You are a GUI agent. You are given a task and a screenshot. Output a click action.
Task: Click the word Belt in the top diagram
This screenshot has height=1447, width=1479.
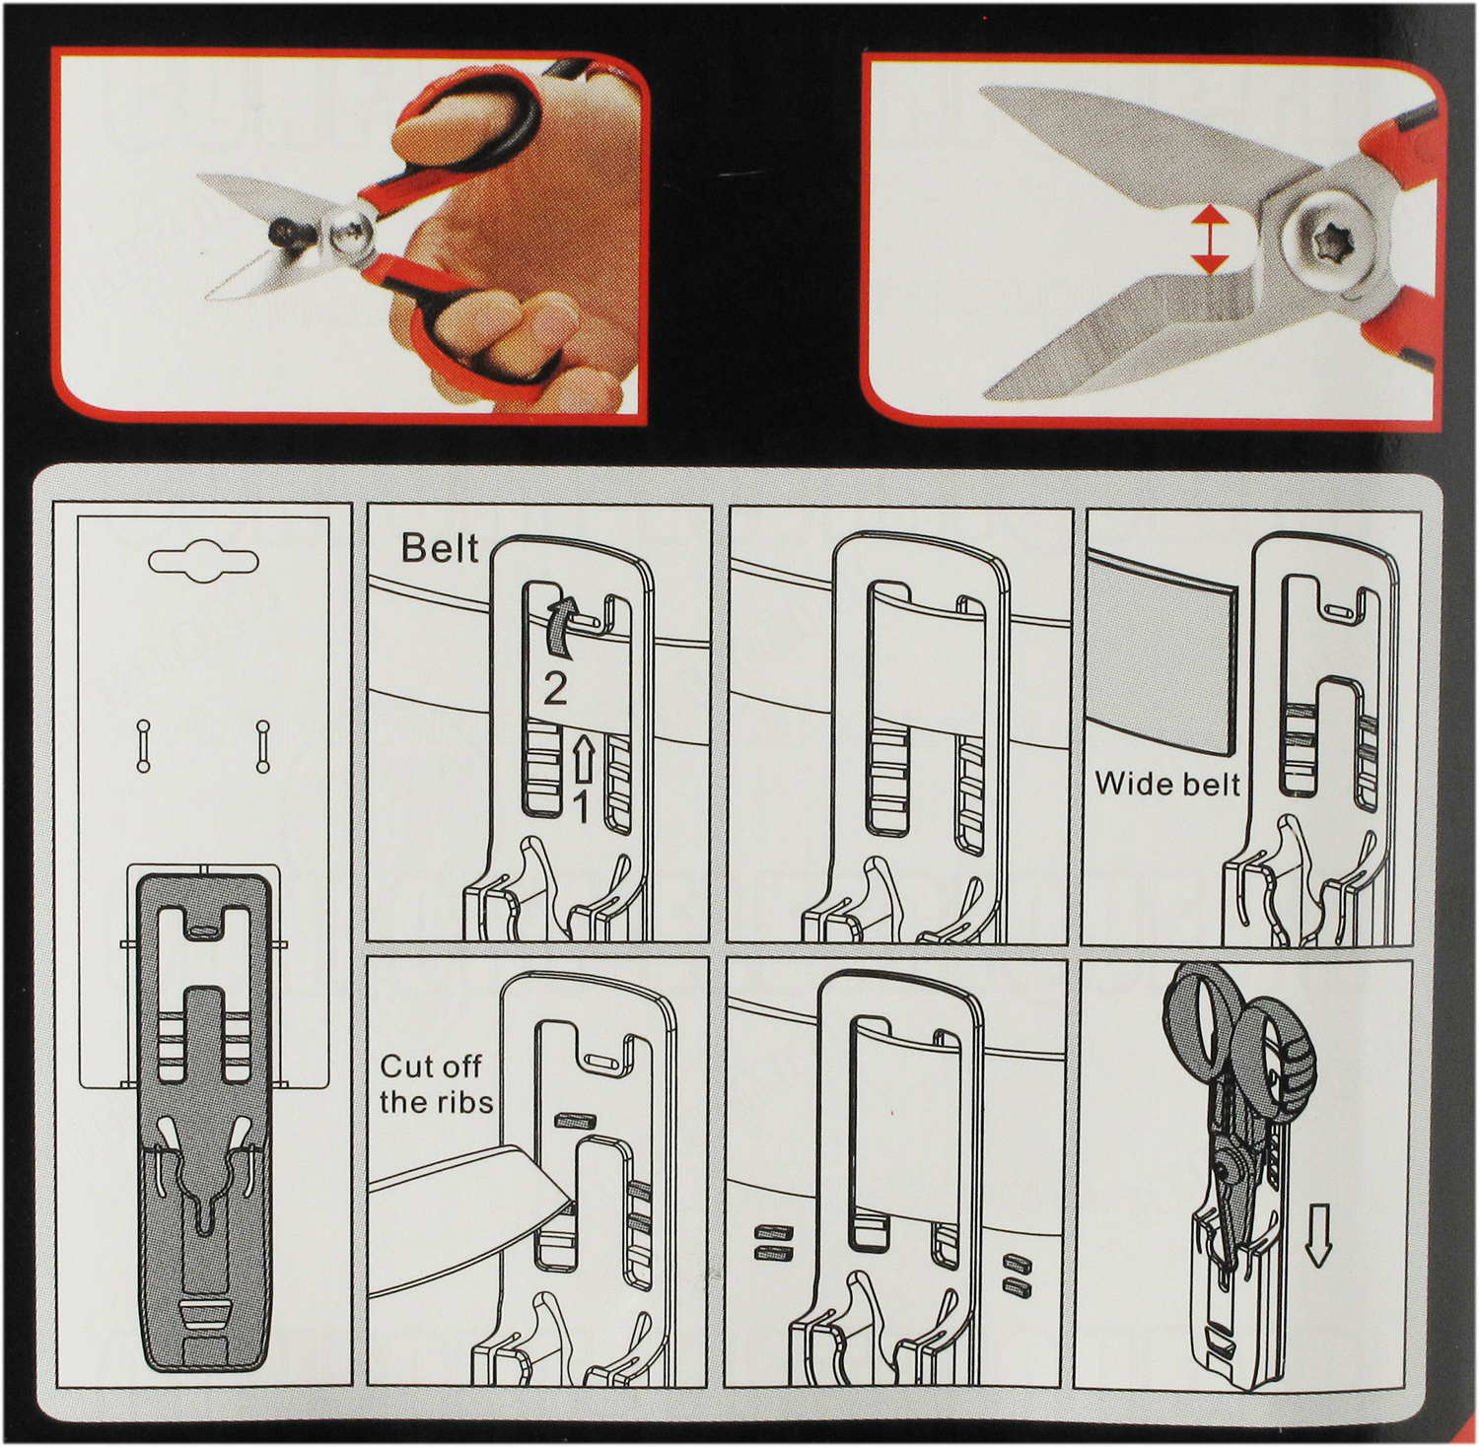point(440,548)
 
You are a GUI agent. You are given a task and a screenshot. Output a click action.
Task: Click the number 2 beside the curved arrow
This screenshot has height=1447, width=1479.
point(555,688)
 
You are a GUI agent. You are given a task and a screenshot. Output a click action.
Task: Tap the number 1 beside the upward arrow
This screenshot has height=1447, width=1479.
point(581,807)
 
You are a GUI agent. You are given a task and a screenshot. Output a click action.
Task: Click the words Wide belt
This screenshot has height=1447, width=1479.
point(1167,784)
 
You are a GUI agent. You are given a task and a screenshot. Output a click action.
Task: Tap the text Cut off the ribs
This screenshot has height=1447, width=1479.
point(436,1083)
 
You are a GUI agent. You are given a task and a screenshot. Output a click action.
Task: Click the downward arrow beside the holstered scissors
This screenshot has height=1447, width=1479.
point(1316,1236)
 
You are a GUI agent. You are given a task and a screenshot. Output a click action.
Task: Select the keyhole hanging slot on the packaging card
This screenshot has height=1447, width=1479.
point(203,561)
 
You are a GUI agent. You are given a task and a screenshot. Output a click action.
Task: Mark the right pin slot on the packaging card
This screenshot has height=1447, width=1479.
point(262,746)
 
